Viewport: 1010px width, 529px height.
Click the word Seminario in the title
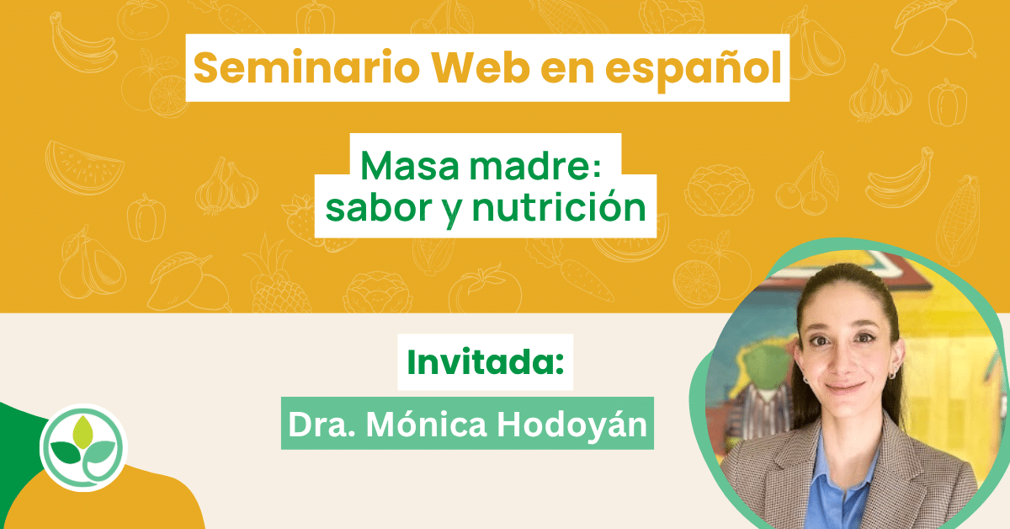point(306,67)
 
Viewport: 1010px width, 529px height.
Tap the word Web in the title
point(481,67)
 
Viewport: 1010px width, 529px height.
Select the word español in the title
point(694,70)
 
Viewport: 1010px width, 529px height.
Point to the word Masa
point(409,167)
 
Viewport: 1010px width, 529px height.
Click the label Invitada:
point(486,362)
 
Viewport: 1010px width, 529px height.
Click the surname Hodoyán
point(571,425)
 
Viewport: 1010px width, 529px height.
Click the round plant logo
point(84,447)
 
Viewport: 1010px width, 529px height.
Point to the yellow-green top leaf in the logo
point(83,432)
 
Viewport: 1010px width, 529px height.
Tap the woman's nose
point(843,361)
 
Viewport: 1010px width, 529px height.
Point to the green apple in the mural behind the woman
point(767,365)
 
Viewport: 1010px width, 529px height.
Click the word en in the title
point(567,71)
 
